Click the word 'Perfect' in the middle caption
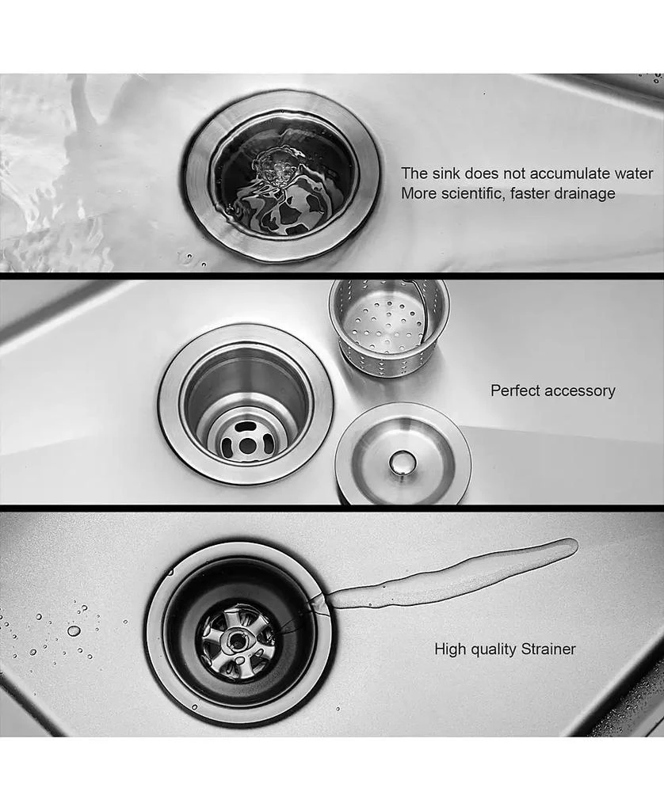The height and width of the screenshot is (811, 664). click(516, 390)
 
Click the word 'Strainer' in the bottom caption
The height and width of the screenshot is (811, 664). click(548, 649)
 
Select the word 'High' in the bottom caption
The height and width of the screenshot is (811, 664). click(450, 649)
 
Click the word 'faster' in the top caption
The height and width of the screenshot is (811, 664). click(535, 194)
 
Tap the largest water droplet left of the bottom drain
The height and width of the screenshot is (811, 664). click(74, 630)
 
